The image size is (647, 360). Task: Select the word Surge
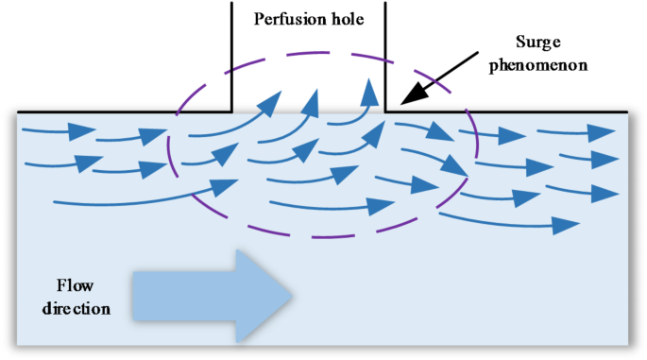pyautogui.click(x=539, y=43)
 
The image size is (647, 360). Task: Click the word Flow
pyautogui.click(x=73, y=285)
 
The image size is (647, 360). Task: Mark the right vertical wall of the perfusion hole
pyautogui.click(x=384, y=57)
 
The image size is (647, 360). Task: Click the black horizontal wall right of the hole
pyautogui.click(x=510, y=111)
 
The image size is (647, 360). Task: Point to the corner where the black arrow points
pyautogui.click(x=385, y=111)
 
